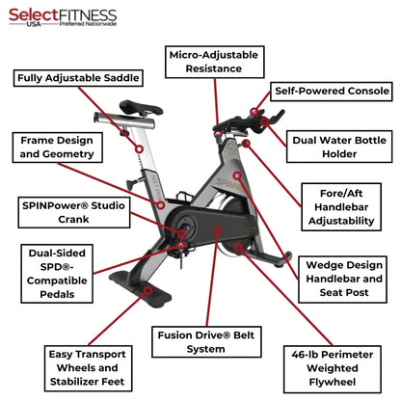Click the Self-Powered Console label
click(332, 92)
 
